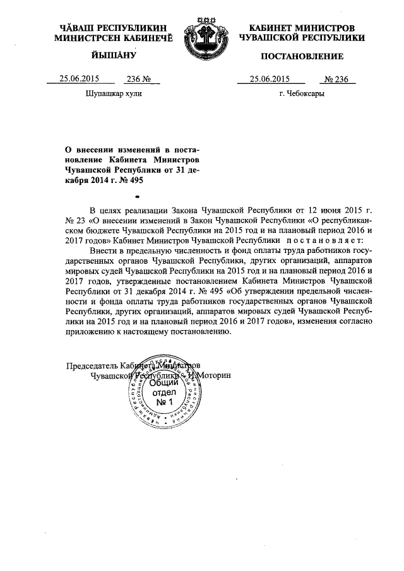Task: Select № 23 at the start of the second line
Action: pyautogui.click(x=75, y=220)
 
